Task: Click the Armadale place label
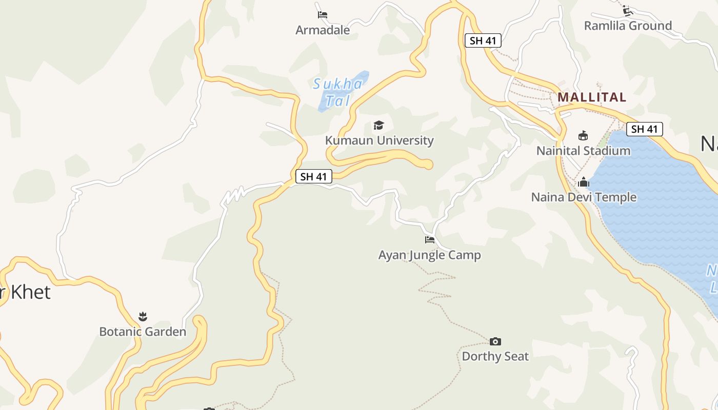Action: tap(323, 30)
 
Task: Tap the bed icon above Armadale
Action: tap(323, 15)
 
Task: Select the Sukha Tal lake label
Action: tap(337, 92)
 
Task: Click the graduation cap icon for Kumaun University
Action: tap(379, 125)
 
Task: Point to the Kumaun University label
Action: tap(379, 140)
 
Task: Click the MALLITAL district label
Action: tap(592, 97)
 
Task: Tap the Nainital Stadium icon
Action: tap(583, 136)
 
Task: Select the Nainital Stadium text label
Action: tap(583, 151)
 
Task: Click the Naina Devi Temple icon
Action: tap(584, 182)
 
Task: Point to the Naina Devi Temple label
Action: tap(584, 197)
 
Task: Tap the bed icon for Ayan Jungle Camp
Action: tap(430, 239)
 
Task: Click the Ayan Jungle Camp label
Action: tap(430, 255)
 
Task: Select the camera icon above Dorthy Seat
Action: tap(495, 341)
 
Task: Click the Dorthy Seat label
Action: tap(495, 356)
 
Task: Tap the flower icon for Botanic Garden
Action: tap(143, 317)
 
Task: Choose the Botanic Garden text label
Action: tap(143, 332)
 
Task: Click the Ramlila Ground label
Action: tap(628, 26)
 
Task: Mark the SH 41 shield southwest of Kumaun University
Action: tap(314, 177)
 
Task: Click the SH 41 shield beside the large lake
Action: tap(645, 129)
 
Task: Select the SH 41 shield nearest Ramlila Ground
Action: tap(483, 40)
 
